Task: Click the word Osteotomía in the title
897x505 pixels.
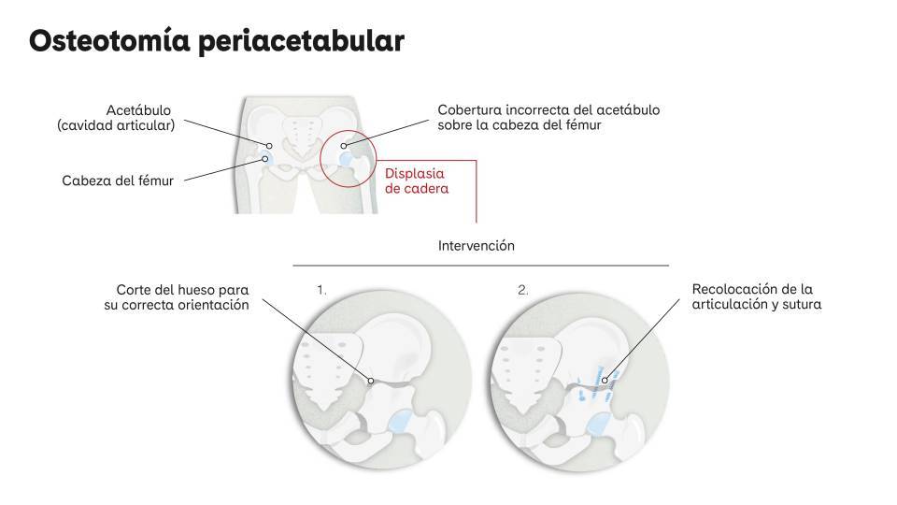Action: [x=109, y=40]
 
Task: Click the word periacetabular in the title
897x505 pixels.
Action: [x=302, y=42]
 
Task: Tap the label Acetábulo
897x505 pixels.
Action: [x=138, y=110]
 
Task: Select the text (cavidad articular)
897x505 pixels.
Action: [x=116, y=125]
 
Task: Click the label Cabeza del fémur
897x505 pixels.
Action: [x=118, y=180]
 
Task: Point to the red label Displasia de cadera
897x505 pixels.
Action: [x=417, y=180]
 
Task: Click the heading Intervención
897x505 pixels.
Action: [x=477, y=246]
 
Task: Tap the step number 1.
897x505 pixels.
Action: [x=321, y=290]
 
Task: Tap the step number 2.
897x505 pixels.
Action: [x=523, y=290]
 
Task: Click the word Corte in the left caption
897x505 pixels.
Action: [x=134, y=290]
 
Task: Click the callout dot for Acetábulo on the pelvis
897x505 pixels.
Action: [x=269, y=146]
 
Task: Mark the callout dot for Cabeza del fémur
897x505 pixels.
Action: [x=264, y=159]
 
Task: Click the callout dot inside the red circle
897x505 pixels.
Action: [x=343, y=146]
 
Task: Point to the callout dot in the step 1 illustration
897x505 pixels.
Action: [x=371, y=381]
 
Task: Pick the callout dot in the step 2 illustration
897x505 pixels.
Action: [x=605, y=381]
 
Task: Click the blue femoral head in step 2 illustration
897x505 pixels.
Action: [x=598, y=425]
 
